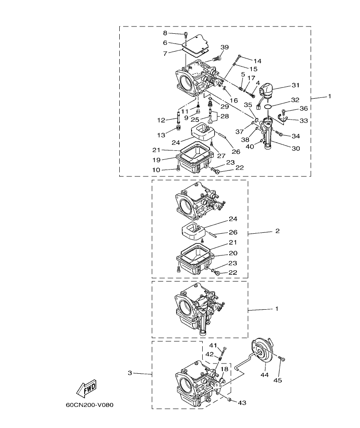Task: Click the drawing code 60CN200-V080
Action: pos(89,405)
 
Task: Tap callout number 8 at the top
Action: pos(165,33)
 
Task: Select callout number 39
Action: pos(224,47)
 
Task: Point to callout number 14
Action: pos(257,61)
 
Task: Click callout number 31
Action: pos(295,85)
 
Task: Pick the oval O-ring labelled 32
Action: pos(267,106)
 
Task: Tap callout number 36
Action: pos(304,108)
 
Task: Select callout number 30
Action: pos(295,149)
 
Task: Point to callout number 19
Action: pos(157,160)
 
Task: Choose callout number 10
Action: pos(157,170)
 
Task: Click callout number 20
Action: pos(233,253)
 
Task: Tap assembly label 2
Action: pos(277,231)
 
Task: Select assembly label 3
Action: pos(130,373)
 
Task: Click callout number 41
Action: pos(213,345)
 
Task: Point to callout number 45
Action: pos(278,380)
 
